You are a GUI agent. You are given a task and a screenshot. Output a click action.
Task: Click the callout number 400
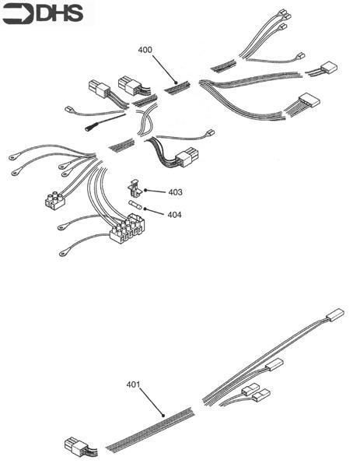(x=145, y=50)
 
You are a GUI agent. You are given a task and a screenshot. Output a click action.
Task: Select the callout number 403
(x=175, y=191)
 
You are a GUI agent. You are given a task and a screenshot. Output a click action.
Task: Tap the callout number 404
(x=175, y=214)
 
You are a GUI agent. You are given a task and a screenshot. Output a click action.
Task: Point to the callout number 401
(x=134, y=384)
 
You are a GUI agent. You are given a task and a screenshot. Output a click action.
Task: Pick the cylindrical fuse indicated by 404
(x=136, y=205)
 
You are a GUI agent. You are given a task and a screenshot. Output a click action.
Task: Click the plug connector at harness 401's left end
(x=76, y=446)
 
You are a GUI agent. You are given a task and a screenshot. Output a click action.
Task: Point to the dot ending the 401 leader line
(x=163, y=416)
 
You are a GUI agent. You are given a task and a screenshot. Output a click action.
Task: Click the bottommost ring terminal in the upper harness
(x=62, y=253)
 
